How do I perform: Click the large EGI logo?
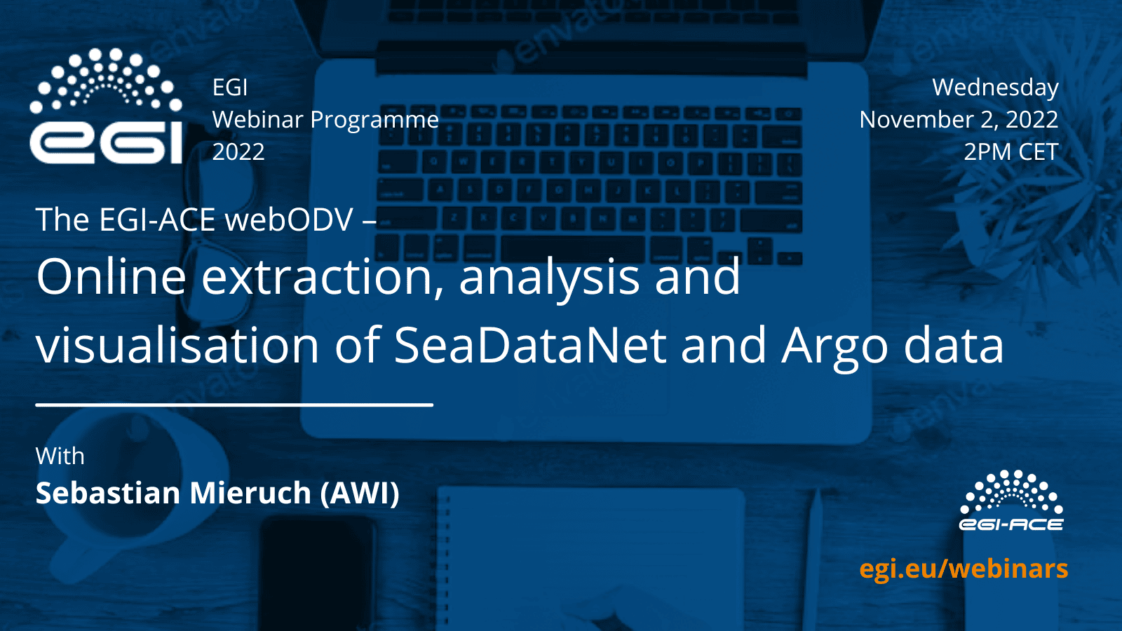(x=106, y=106)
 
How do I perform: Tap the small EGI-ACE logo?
(x=1011, y=501)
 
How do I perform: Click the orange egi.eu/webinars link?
(x=964, y=569)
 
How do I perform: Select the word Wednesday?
(x=995, y=87)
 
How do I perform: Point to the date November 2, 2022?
(x=959, y=120)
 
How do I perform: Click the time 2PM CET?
(x=1011, y=151)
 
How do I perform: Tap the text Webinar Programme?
(x=325, y=120)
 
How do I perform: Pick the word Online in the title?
(x=111, y=276)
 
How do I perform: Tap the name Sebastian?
(x=108, y=493)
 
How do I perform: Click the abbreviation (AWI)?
(x=360, y=494)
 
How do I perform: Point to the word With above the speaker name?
(x=60, y=456)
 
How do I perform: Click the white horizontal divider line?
(x=234, y=404)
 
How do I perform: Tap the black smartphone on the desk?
(x=318, y=574)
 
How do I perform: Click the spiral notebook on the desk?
(x=591, y=558)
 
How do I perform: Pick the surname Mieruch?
(x=250, y=493)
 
